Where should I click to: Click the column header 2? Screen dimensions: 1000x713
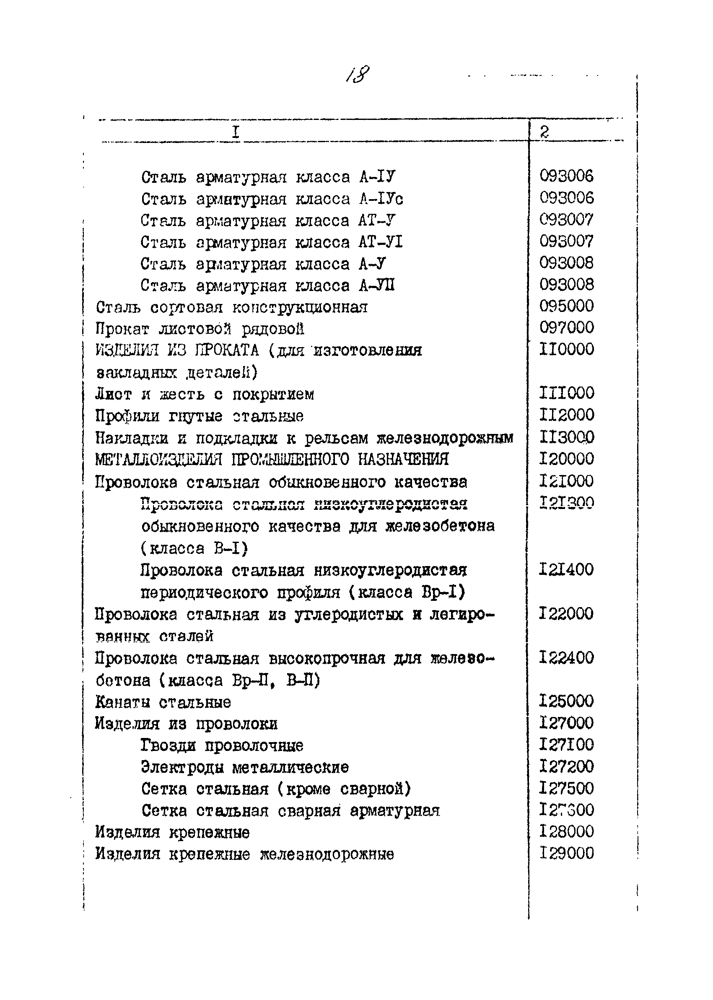(544, 132)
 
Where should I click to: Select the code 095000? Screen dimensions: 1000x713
(566, 306)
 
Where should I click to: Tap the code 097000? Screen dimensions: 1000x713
(566, 327)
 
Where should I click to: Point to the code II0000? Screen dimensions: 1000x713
(566, 350)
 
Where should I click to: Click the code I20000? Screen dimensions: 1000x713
(566, 459)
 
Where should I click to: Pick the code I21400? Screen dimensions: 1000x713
(566, 570)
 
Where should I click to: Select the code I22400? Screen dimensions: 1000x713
(566, 658)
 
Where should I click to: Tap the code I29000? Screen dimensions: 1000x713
(566, 853)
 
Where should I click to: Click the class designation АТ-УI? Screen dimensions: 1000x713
(380, 242)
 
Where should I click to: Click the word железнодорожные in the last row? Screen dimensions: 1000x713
(327, 855)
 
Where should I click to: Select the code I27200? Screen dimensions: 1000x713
(566, 767)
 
